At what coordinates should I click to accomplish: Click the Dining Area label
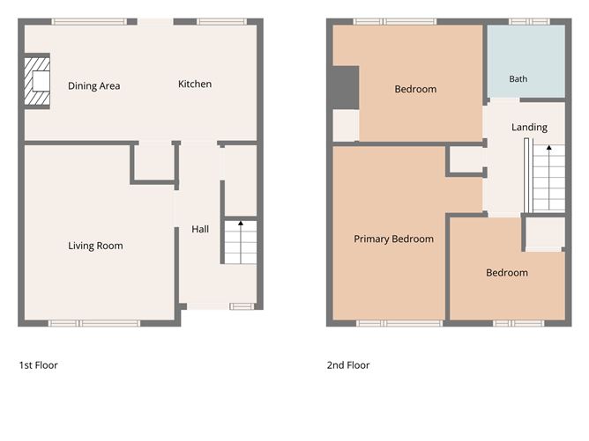point(94,86)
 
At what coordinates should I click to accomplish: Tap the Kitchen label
point(195,84)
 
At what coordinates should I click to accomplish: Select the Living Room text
point(95,246)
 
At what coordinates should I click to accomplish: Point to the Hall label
point(200,229)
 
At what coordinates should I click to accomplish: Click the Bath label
point(518,79)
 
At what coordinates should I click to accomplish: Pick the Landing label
point(529,127)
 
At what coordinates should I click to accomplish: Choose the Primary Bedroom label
point(393,239)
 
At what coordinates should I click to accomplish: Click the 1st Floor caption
point(38,365)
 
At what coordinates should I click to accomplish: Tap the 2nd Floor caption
point(348,365)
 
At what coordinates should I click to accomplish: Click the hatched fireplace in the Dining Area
point(37,81)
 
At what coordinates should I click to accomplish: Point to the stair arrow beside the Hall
point(241,242)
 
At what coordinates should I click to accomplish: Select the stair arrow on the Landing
point(548,177)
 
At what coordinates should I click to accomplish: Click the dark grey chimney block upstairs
point(346,88)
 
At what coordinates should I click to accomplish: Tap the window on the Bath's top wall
point(529,22)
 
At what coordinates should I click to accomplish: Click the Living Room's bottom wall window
point(94,323)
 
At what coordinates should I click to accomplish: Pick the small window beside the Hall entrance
point(242,306)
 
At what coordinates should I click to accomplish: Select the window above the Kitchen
point(221,22)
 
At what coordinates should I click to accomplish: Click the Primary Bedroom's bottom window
point(399,323)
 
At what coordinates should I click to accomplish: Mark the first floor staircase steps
point(241,242)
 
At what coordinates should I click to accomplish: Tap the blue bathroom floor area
point(526,62)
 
